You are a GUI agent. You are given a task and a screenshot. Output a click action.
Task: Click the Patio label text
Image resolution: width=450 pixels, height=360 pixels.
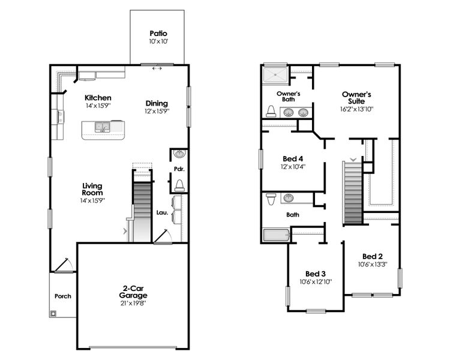pyautogui.click(x=158, y=34)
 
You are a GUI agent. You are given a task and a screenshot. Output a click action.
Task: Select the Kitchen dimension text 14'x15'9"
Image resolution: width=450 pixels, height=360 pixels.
pyautogui.click(x=98, y=106)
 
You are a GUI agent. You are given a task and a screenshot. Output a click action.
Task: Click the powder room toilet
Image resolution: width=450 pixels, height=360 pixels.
pyautogui.click(x=179, y=184)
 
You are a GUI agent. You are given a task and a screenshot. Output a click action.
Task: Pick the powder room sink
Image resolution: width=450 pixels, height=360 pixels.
pyautogui.click(x=179, y=155)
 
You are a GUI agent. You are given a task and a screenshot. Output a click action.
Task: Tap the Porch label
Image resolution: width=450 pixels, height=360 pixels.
pyautogui.click(x=62, y=296)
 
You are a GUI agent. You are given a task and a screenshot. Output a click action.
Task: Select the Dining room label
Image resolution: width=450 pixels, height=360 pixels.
pyautogui.click(x=157, y=103)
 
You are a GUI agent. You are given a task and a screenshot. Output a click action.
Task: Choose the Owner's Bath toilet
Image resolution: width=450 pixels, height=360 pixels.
pyautogui.click(x=271, y=111)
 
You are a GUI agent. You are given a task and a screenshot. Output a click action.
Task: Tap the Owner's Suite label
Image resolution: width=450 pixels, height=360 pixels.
pyautogui.click(x=356, y=98)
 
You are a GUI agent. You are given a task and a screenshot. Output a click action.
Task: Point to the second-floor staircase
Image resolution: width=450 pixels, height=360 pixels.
pyautogui.click(x=353, y=192)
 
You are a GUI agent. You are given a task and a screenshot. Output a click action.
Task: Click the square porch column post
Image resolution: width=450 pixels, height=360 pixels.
pyautogui.click(x=54, y=313)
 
